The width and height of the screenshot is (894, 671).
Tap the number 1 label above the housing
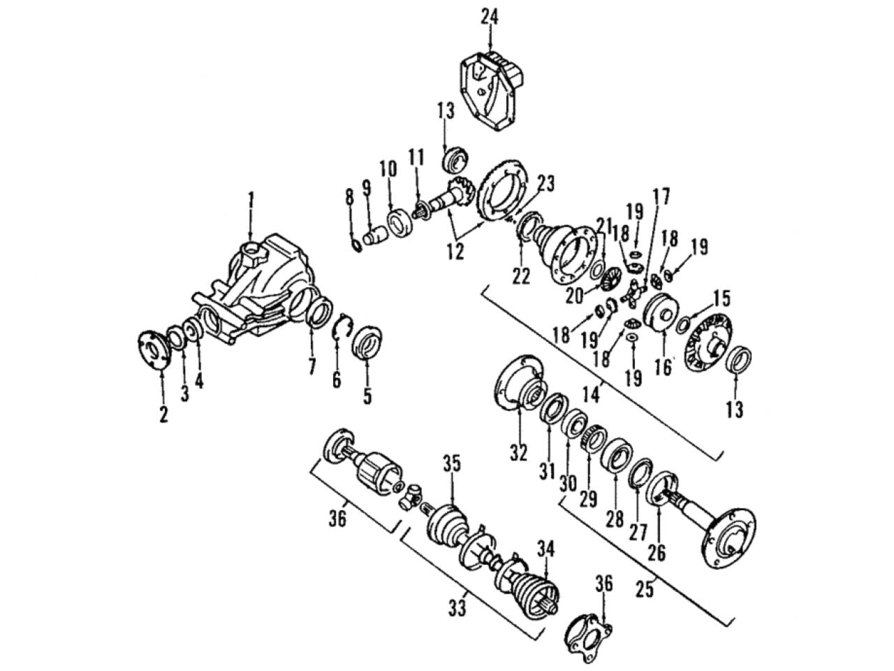point(251,201)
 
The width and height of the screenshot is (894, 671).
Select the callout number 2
point(163,413)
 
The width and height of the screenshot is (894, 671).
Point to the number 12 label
point(456,252)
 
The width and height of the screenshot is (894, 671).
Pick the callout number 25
point(645,589)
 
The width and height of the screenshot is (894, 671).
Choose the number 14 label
point(592,394)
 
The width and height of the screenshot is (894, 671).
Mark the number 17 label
point(661,196)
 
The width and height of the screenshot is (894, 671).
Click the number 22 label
point(521,276)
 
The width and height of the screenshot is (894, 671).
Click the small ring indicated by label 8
point(356,245)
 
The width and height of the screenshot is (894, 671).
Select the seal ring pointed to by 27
point(640,472)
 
